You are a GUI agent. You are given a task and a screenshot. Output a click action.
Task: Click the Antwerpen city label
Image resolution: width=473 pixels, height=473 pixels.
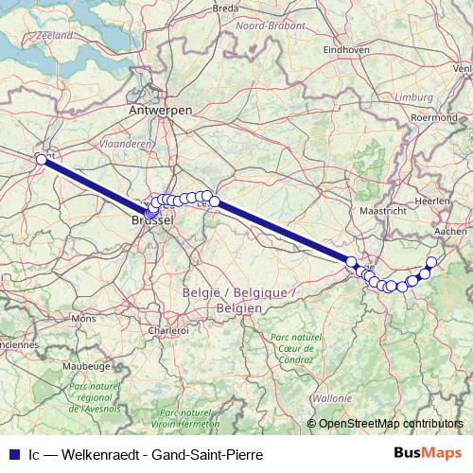161,111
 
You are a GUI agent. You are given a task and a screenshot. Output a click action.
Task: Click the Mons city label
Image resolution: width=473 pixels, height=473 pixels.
83,320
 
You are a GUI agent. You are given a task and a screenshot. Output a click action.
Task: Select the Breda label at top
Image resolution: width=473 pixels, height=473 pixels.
226,8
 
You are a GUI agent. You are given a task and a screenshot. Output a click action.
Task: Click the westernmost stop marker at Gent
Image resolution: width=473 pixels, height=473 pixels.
42,160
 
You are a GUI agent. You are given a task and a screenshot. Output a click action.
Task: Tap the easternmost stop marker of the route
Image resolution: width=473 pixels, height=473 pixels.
432,262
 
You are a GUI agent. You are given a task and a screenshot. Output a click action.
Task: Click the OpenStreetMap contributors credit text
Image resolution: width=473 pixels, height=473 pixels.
391,424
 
